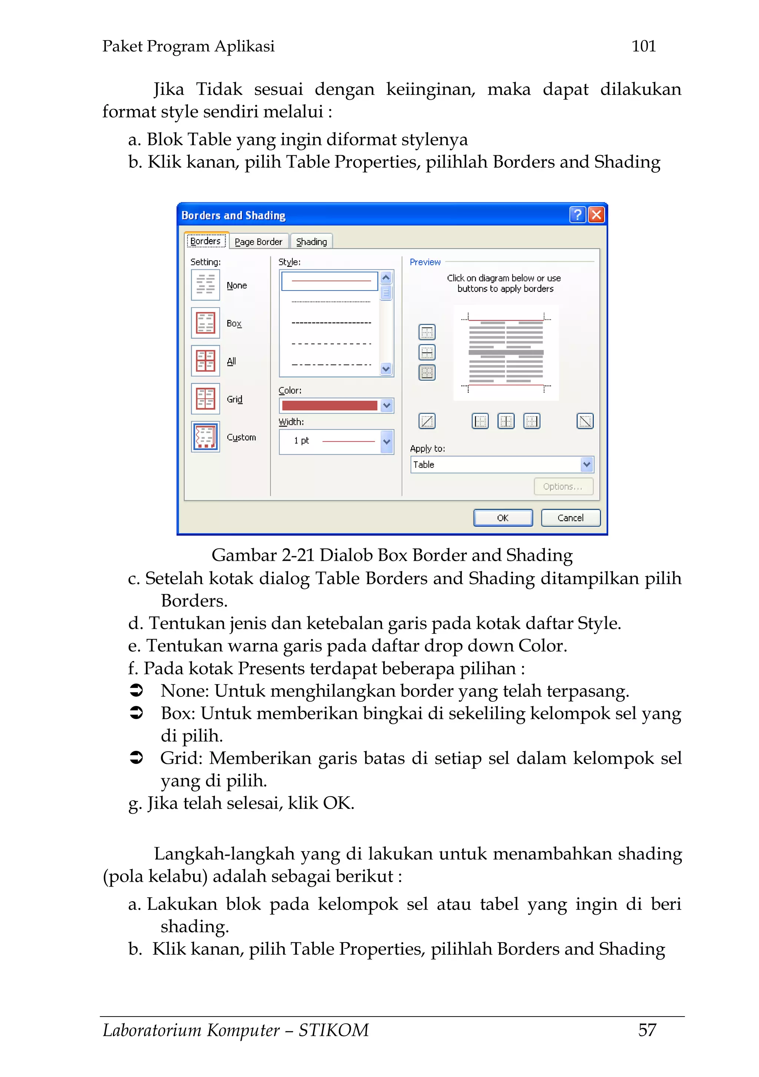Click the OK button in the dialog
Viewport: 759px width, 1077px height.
(x=503, y=518)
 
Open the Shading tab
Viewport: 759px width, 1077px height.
(x=311, y=242)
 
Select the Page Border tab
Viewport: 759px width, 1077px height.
(x=258, y=242)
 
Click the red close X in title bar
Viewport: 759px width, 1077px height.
(x=596, y=215)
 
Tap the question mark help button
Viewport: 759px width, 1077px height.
(x=577, y=215)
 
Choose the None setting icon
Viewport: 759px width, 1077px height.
(x=205, y=285)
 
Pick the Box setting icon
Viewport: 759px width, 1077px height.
(x=205, y=323)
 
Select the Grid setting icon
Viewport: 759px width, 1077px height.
(x=205, y=399)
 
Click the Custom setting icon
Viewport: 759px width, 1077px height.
(x=205, y=437)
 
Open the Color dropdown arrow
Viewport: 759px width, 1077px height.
(x=387, y=405)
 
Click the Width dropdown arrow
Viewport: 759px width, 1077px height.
(x=387, y=441)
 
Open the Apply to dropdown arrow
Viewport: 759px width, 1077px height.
(x=586, y=464)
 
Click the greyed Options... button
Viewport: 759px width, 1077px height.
(x=563, y=487)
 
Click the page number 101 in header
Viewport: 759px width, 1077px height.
(x=644, y=46)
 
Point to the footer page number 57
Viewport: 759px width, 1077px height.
(x=647, y=1030)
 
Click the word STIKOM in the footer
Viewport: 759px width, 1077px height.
(x=334, y=1030)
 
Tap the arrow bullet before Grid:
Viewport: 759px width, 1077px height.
(x=136, y=758)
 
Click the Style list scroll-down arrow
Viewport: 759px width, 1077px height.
(x=386, y=369)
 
